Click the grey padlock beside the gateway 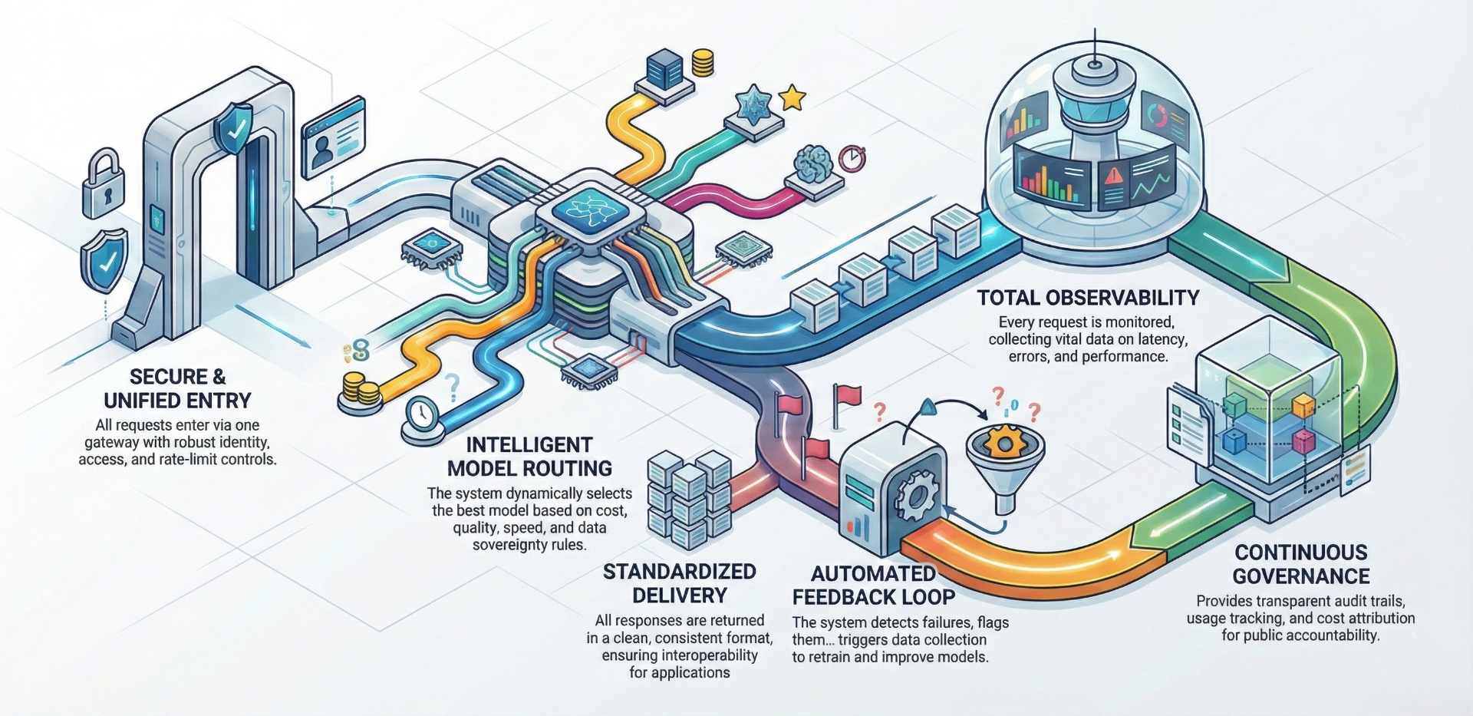coord(103,185)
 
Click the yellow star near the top coord(792,98)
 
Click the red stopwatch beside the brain coord(852,158)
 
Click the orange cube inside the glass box coord(1303,406)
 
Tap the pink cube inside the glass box coord(1303,440)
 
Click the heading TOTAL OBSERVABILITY coord(1088,298)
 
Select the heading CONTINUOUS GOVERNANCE coord(1301,564)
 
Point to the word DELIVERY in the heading coord(679,595)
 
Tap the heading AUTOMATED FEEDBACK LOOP coord(873,585)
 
